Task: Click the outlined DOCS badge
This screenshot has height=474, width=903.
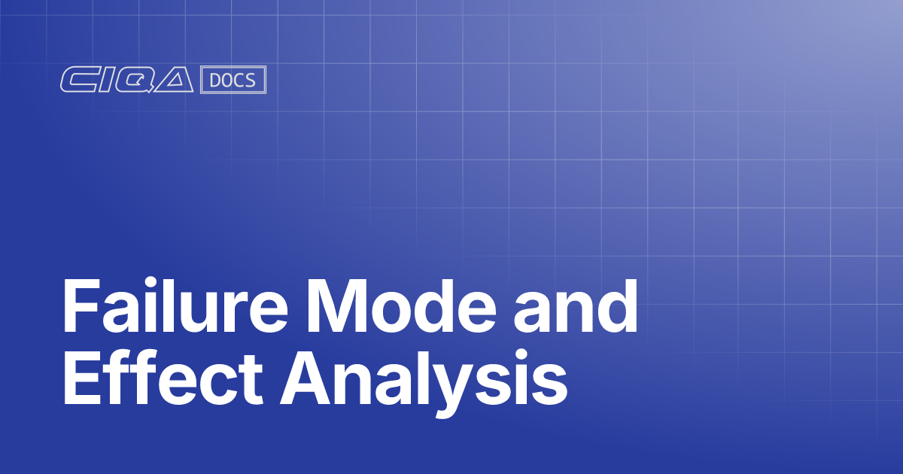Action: pos(233,81)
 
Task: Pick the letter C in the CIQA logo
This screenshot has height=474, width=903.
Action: pos(76,81)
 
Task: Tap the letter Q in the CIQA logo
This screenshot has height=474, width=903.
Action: pos(133,81)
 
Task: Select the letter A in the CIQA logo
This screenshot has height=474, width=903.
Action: pos(175,81)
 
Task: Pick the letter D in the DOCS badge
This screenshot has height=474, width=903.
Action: pos(215,81)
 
